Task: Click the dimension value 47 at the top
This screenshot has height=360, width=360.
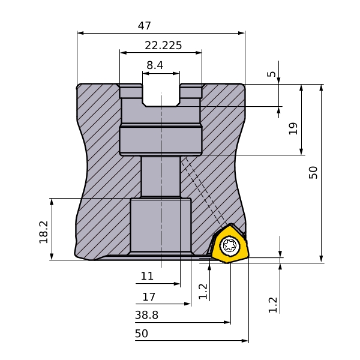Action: click(145, 25)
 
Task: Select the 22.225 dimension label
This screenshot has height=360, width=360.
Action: click(163, 45)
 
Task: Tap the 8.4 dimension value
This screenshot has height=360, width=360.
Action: click(155, 65)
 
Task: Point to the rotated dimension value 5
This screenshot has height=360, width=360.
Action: click(272, 74)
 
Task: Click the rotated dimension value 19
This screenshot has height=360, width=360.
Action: click(293, 128)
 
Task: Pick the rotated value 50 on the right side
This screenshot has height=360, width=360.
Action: click(313, 172)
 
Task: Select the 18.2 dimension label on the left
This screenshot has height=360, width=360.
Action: click(44, 232)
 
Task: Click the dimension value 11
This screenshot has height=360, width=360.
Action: click(147, 276)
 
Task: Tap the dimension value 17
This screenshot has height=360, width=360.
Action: click(149, 297)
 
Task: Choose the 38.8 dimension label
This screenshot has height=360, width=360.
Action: click(146, 315)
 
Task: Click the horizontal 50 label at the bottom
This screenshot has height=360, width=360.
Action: click(142, 334)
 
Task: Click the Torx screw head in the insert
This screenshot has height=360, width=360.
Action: click(230, 245)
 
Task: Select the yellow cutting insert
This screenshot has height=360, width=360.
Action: click(230, 244)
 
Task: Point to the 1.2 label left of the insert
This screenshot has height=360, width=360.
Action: click(203, 292)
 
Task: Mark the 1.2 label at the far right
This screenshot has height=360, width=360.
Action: click(273, 305)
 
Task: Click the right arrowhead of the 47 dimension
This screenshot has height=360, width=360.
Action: click(242, 33)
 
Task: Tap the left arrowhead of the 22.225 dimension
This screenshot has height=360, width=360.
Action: click(123, 53)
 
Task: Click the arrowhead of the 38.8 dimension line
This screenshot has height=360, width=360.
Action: click(227, 322)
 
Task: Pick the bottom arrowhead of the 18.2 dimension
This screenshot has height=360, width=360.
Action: click(52, 256)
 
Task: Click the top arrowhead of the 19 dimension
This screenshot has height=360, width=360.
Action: click(301, 88)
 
